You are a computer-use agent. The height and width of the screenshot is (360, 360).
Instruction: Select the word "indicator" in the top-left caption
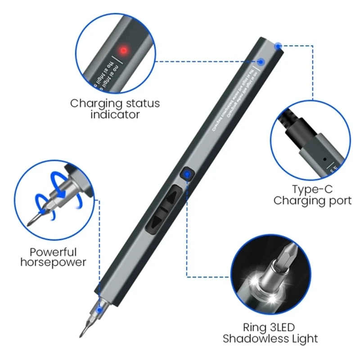(115, 115)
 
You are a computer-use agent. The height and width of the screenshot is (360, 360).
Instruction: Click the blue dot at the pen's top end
(279, 45)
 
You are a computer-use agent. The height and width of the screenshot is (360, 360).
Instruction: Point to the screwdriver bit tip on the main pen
(82, 333)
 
